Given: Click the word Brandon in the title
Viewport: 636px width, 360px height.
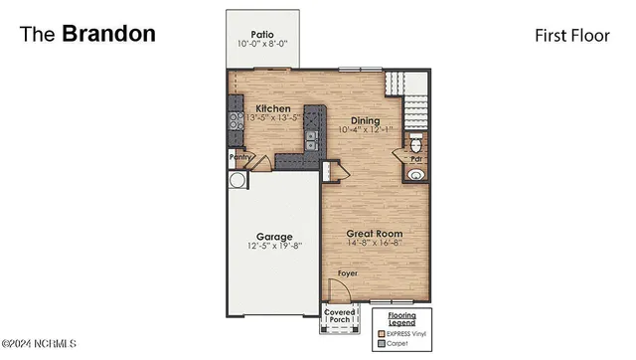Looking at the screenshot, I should click(x=108, y=34).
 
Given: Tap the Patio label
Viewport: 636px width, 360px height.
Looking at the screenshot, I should click(x=262, y=33).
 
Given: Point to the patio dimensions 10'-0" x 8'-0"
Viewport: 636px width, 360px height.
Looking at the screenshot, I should click(x=262, y=44).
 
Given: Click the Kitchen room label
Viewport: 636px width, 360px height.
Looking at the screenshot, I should click(x=273, y=108).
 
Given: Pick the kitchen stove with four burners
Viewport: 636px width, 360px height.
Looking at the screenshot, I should click(x=237, y=121).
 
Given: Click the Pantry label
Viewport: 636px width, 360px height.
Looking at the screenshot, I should click(x=239, y=157).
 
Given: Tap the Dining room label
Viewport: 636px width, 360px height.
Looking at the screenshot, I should click(x=365, y=120).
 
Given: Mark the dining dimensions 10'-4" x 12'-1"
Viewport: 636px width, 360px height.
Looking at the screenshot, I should click(x=365, y=130).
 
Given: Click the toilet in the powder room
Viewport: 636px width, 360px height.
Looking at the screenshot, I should click(x=416, y=145).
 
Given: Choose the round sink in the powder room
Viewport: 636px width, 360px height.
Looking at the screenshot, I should click(x=415, y=175).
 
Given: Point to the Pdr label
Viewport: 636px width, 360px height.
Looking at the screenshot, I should click(x=417, y=159).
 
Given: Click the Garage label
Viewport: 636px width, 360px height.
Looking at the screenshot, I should click(x=274, y=237).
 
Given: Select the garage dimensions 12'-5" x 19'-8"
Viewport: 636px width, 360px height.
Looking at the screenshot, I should click(x=274, y=247).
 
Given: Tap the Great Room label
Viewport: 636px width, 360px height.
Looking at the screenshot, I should click(x=374, y=233).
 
